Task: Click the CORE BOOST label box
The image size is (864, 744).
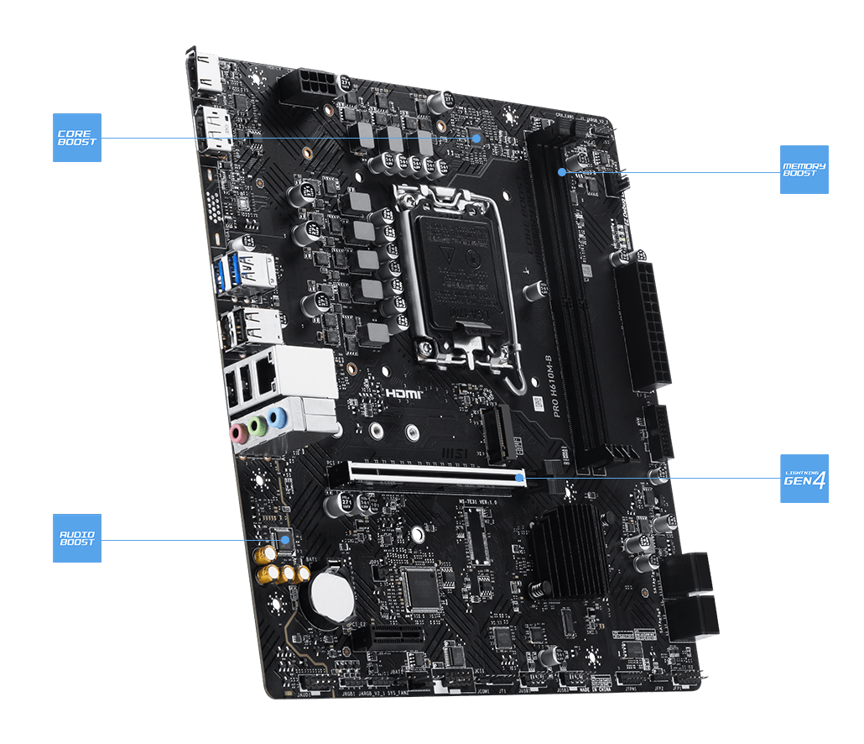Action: [x=77, y=138]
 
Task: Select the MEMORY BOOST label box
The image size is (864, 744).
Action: [x=804, y=170]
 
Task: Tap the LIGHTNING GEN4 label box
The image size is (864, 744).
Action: [x=804, y=479]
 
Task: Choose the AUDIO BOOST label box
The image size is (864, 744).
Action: [x=77, y=538]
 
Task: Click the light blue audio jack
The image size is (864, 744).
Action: [x=278, y=417]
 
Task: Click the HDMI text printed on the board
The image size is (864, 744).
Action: [x=403, y=392]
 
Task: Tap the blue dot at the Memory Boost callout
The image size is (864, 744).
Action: [x=561, y=172]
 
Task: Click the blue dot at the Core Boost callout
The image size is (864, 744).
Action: [x=476, y=138]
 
